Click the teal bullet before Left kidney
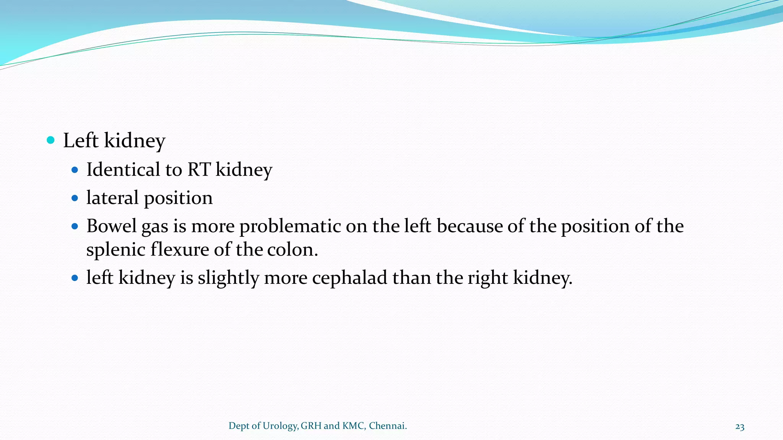pyautogui.click(x=50, y=140)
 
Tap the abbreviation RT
pyautogui.click(x=199, y=170)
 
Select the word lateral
pyautogui.click(x=112, y=198)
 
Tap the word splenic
pyautogui.click(x=115, y=250)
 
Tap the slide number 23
pyautogui.click(x=740, y=427)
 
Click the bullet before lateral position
pyautogui.click(x=75, y=198)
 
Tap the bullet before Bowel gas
pyautogui.click(x=75, y=226)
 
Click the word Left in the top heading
pyautogui.click(x=81, y=140)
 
